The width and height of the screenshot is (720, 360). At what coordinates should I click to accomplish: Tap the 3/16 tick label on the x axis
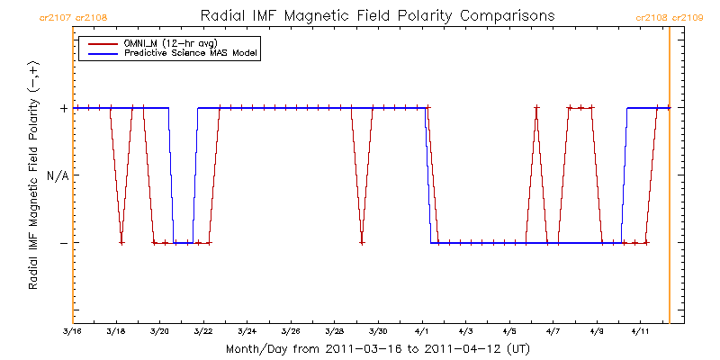coord(73,332)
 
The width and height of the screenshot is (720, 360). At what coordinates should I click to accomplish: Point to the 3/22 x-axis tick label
coord(203,332)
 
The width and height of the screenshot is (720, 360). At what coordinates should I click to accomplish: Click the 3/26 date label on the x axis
coord(291,332)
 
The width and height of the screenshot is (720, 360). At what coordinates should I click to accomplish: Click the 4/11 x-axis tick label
coord(640,332)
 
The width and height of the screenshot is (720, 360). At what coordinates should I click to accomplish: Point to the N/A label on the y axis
coord(57,175)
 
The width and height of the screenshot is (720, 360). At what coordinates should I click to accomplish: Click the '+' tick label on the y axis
coord(63,108)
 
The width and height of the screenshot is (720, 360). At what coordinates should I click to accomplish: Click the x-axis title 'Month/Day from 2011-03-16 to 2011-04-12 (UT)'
coord(377,348)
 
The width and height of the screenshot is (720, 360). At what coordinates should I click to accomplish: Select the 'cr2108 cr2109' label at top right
coord(670,17)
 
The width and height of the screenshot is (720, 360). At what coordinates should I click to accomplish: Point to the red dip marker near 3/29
coord(362,243)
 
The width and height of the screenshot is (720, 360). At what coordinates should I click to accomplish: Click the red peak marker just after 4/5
coord(536,108)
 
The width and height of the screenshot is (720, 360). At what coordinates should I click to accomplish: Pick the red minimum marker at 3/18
coord(121,243)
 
